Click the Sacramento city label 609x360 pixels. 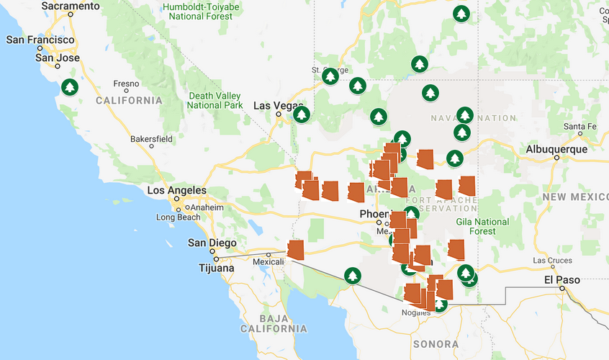[x=71, y=6]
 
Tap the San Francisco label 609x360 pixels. [x=40, y=40]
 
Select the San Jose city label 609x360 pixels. [x=57, y=58]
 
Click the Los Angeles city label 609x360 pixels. [x=176, y=191]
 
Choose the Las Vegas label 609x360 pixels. [x=279, y=106]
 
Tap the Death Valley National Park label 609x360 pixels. [x=215, y=100]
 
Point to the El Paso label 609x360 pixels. [x=557, y=279]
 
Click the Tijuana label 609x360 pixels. [x=216, y=268]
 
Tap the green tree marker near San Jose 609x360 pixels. [x=69, y=88]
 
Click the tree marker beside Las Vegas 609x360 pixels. [x=301, y=114]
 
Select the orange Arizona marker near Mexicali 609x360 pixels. [x=295, y=249]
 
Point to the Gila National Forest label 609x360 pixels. [x=482, y=226]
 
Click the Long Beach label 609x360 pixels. [x=179, y=217]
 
